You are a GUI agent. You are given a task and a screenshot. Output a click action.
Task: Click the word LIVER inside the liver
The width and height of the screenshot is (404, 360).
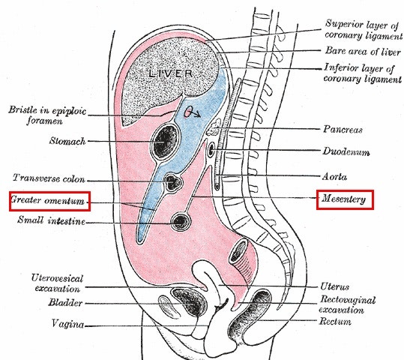pos(171,73)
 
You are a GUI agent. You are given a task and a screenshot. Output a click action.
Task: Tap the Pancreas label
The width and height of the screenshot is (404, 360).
pos(343,129)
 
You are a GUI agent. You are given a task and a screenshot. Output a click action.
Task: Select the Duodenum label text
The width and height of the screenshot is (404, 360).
pos(346,151)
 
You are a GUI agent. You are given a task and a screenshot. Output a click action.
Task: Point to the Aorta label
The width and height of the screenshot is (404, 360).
pos(334,177)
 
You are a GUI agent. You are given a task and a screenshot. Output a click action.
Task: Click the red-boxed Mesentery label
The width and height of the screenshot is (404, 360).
pos(345,199)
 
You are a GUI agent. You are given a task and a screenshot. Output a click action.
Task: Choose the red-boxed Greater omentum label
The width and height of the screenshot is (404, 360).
pos(49,201)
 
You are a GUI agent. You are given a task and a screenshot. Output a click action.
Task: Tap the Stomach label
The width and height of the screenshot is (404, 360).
pos(67,141)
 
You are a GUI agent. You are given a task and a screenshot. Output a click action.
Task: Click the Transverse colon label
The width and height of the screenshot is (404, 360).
pos(49,178)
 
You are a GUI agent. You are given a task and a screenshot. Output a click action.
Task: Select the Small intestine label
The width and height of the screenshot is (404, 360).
pos(51,220)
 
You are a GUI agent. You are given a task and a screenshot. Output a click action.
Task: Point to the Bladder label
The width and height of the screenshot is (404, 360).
pos(65,302)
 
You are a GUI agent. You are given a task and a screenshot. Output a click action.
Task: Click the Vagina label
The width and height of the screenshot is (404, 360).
pos(67,324)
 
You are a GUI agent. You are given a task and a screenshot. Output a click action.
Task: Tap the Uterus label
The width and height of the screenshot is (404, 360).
pos(335,286)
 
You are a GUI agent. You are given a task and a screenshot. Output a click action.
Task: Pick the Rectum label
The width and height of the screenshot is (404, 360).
pos(335,322)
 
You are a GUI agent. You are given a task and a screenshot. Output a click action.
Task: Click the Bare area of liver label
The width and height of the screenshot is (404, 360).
pos(363,51)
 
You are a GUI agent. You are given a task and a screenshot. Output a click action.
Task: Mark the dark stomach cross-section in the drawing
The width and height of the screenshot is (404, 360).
pos(166,141)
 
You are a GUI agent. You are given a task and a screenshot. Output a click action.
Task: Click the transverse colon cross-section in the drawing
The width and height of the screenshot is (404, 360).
pos(172,182)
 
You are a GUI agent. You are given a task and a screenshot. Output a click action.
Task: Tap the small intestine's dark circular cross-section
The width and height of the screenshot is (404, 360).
pos(181,221)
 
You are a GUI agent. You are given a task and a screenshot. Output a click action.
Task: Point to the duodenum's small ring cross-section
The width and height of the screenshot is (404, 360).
pos(211,149)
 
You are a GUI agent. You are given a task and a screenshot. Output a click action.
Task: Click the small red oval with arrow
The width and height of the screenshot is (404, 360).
pos(192,112)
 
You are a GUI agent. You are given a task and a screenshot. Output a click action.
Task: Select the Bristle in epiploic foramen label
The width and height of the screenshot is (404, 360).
pos(47,115)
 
